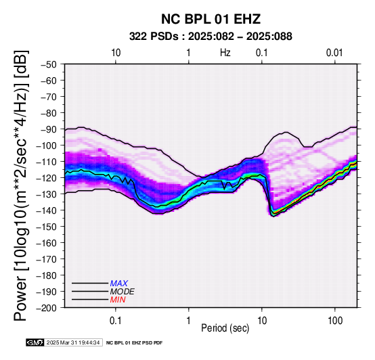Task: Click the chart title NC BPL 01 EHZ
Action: coord(211,19)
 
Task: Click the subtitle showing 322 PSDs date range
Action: coord(211,37)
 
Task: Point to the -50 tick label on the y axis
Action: coord(49,64)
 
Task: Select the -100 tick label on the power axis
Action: coord(47,145)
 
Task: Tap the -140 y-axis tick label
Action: coord(47,210)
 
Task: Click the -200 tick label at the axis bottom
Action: coord(47,308)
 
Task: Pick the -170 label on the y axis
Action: coord(47,259)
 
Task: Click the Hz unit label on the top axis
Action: coord(225,53)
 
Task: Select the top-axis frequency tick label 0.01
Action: coord(334,53)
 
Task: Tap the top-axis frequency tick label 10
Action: coord(116,53)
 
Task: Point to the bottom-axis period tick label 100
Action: coord(335,321)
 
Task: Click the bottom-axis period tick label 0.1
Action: coord(116,321)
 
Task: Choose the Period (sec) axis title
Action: coord(225,328)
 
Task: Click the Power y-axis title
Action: coord(21,185)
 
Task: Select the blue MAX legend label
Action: coord(119,284)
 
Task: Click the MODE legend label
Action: coord(123,292)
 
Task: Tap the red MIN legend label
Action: coord(118,300)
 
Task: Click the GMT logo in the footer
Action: coord(35,342)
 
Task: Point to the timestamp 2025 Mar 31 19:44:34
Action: coord(73,342)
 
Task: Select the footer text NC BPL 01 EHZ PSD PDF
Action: coord(135,343)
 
